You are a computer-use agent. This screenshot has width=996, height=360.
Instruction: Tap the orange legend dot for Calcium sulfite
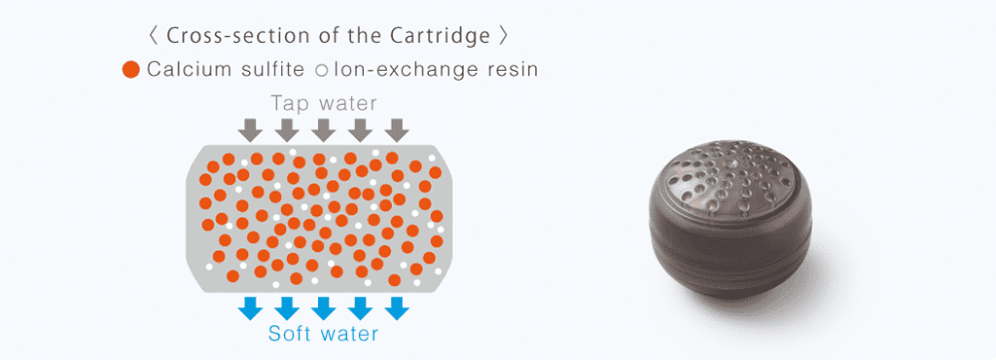click(x=131, y=70)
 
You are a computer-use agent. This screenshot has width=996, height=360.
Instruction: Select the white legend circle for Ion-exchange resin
click(x=321, y=70)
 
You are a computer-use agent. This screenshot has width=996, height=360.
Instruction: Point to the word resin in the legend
click(x=513, y=70)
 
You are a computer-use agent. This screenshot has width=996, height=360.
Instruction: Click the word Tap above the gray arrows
click(x=288, y=102)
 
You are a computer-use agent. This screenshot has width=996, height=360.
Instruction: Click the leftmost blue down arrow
click(x=250, y=307)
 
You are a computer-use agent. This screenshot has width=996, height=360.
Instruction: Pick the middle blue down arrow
click(x=323, y=307)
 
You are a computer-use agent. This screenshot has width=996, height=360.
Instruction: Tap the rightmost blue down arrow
click(x=396, y=307)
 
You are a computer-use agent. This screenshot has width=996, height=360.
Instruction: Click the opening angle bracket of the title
click(x=153, y=36)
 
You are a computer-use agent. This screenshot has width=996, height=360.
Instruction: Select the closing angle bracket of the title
click(x=502, y=36)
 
